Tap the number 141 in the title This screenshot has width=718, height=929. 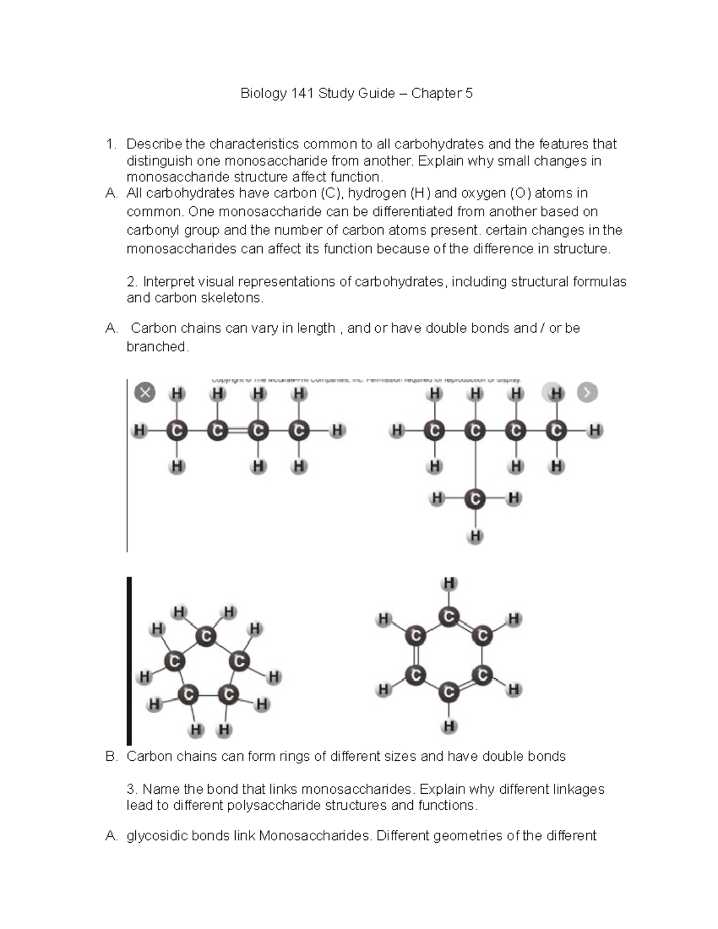[302, 93]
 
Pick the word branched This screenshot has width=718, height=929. [157, 347]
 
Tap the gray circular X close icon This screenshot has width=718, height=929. [145, 393]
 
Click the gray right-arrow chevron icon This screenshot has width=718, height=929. [587, 392]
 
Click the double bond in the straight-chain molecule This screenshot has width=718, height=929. [238, 430]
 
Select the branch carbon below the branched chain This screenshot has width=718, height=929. [475, 498]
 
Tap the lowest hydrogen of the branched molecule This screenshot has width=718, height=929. [475, 536]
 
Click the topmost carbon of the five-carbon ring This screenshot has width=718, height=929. [206, 636]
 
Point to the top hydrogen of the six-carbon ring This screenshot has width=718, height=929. [449, 583]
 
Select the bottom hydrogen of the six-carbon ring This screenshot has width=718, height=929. [449, 726]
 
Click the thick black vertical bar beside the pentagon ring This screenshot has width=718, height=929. [129, 660]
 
